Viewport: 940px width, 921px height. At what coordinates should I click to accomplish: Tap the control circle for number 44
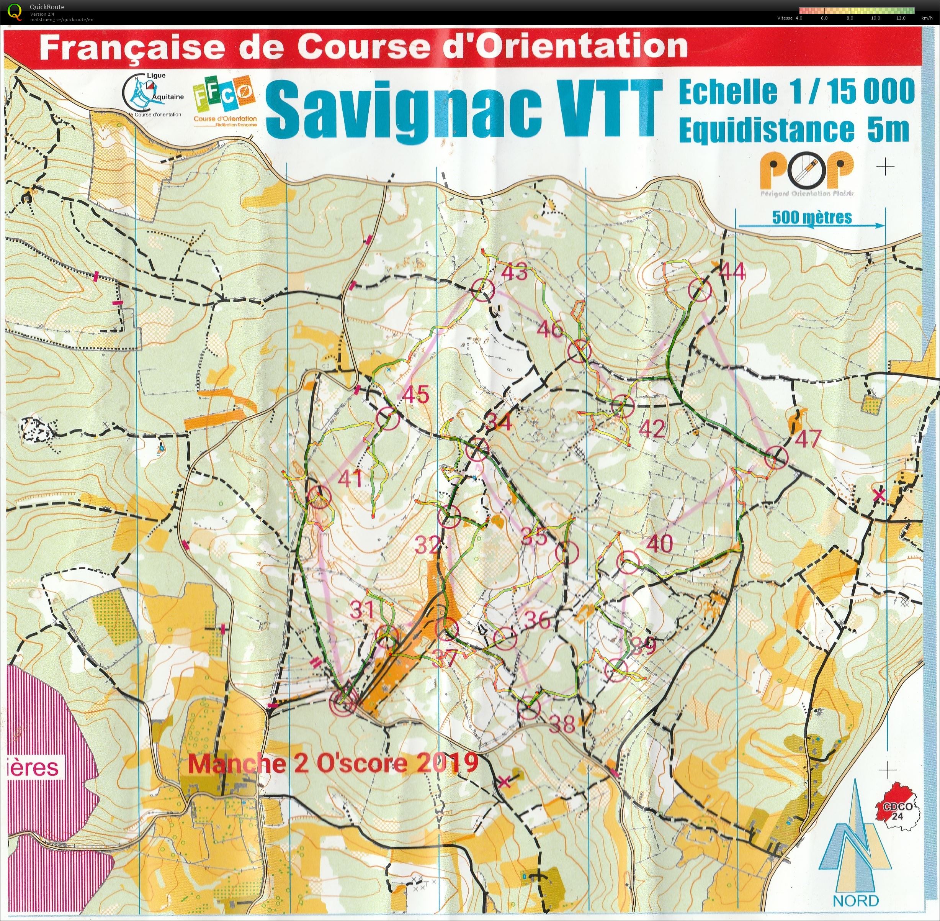coord(701,290)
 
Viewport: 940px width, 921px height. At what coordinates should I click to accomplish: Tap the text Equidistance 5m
coord(793,129)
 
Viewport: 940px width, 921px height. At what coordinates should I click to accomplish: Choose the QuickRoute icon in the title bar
coord(15,11)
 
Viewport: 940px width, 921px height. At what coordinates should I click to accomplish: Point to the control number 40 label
coord(659,544)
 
